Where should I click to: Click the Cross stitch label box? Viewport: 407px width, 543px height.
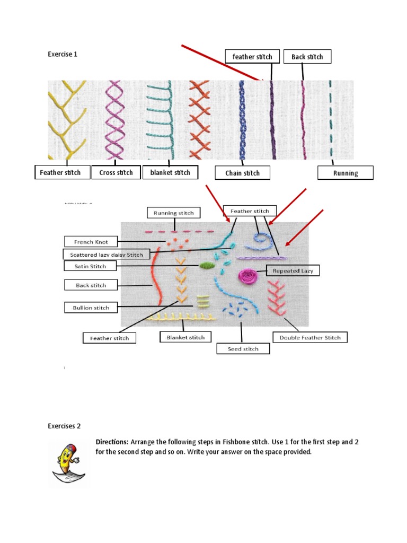pyautogui.click(x=116, y=173)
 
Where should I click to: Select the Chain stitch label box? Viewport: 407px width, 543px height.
pyautogui.click(x=242, y=173)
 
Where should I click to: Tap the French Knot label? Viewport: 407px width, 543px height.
pyautogui.click(x=91, y=242)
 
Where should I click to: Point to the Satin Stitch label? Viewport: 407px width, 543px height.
pyautogui.click(x=91, y=266)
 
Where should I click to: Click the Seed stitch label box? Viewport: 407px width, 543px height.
pyautogui.click(x=243, y=349)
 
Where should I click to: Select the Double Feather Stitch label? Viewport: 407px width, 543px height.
pyautogui.click(x=310, y=337)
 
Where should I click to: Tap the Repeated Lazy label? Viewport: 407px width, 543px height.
pyautogui.click(x=293, y=271)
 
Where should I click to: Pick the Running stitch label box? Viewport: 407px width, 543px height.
pyautogui.click(x=173, y=213)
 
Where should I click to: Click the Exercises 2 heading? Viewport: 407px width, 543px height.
pyautogui.click(x=64, y=426)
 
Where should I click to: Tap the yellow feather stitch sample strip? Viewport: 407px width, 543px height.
pyautogui.click(x=67, y=120)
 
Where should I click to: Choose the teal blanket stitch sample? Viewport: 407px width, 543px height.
pyautogui.click(x=161, y=120)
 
